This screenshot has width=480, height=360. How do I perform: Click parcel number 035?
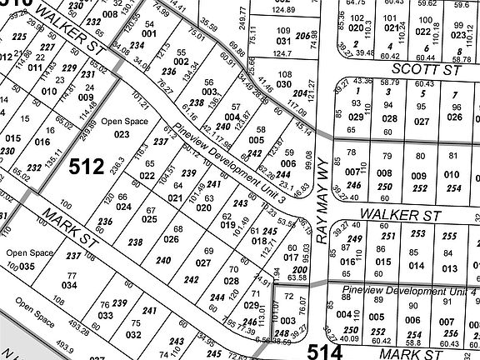point(27,267)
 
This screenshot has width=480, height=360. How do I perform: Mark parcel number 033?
point(106,316)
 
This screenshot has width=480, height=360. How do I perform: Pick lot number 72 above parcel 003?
point(288,296)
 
